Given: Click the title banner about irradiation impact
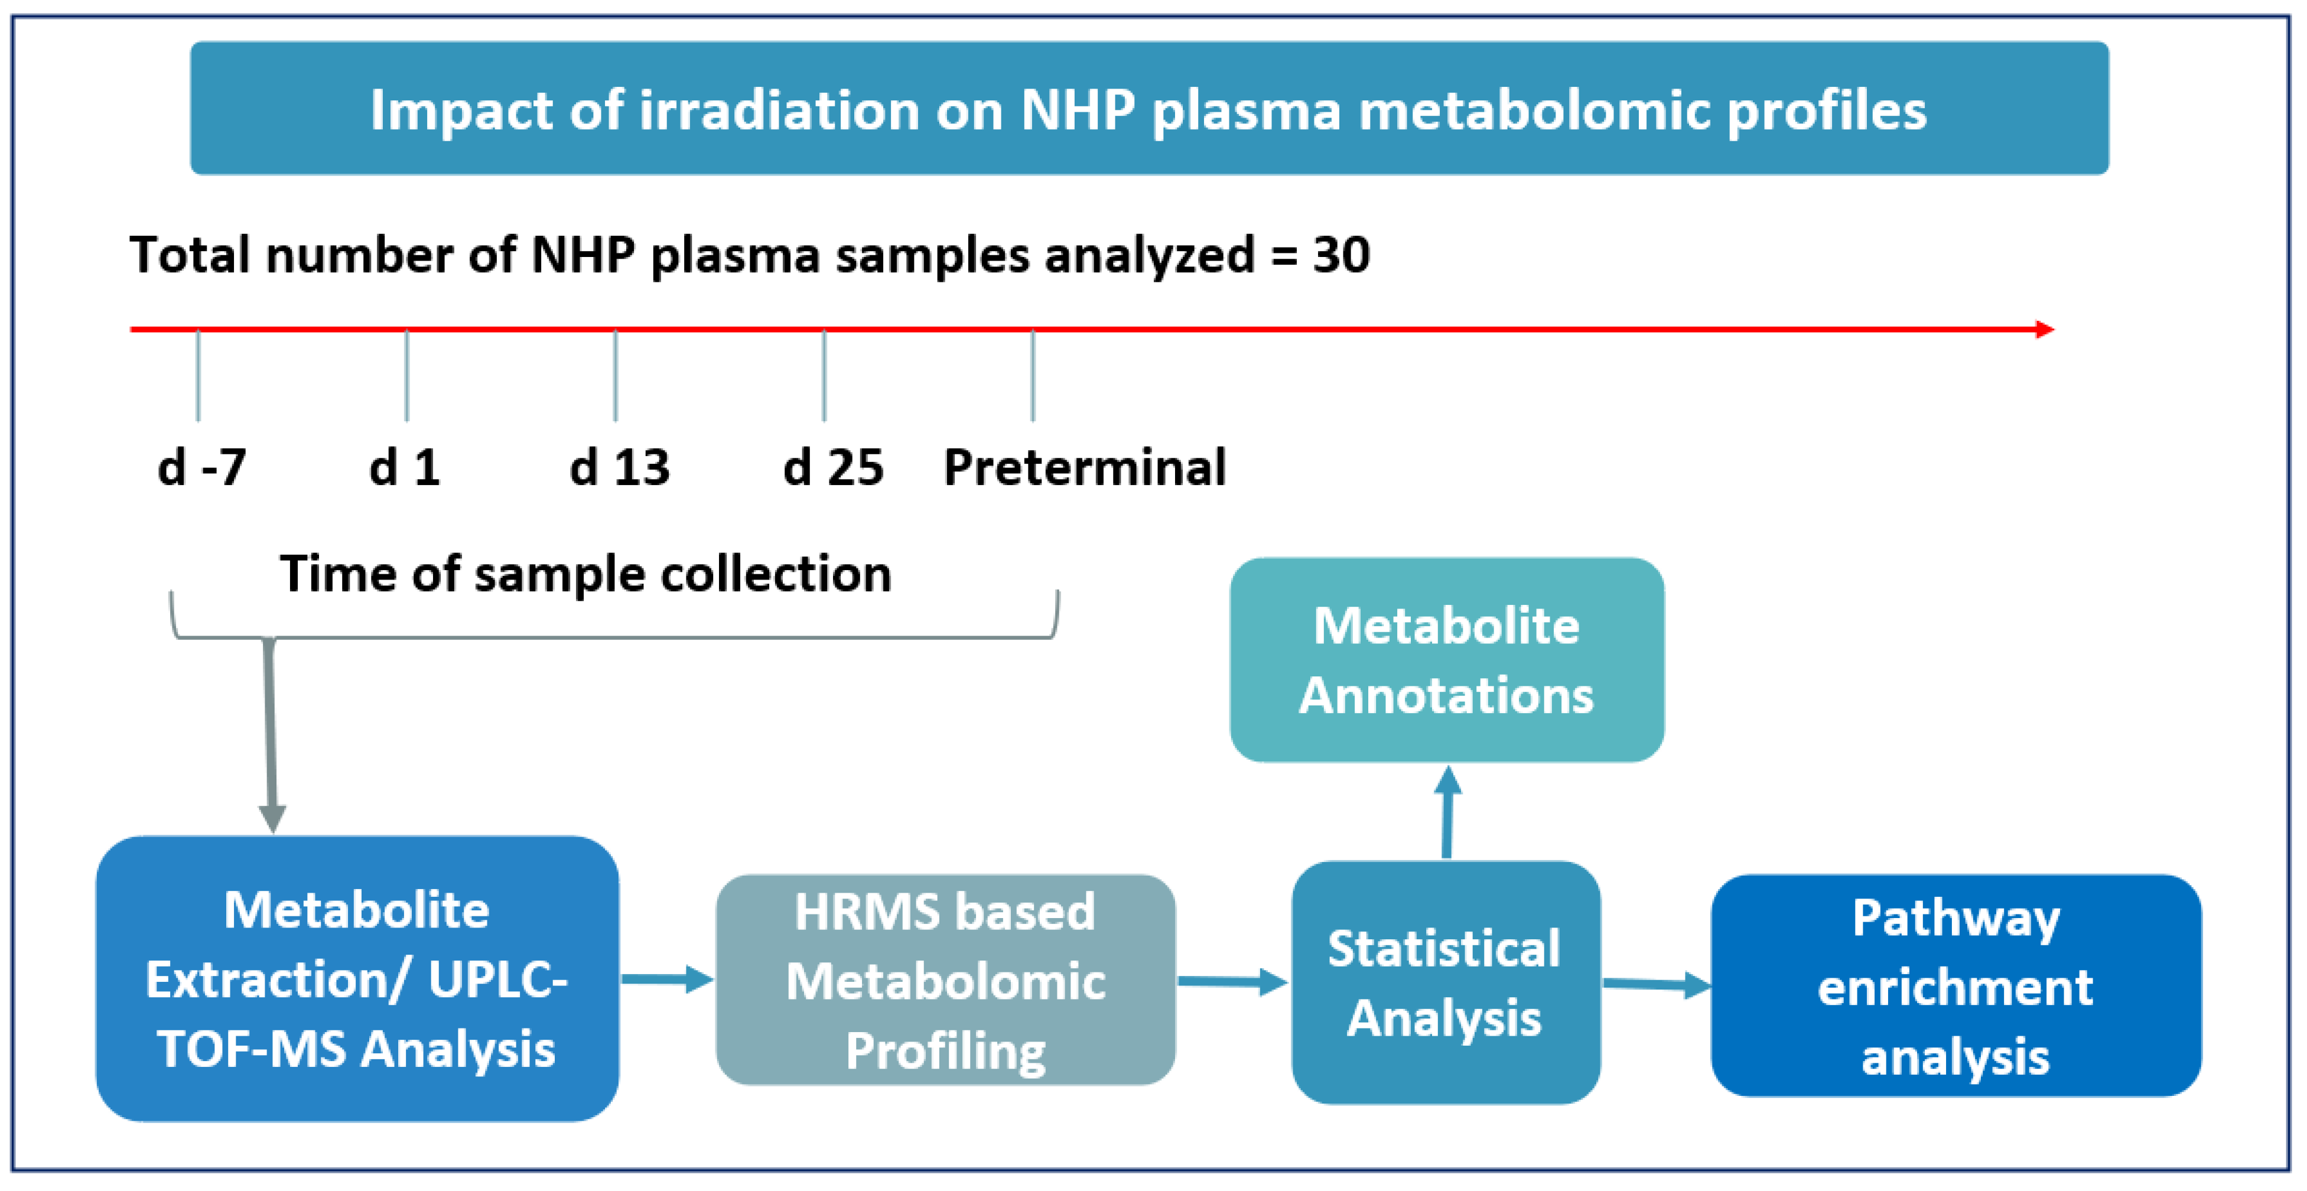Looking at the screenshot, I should (x=1149, y=108).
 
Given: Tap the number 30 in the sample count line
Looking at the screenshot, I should (x=1340, y=255).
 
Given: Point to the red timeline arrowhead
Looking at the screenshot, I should (x=2045, y=330).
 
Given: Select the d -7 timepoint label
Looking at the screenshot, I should (x=201, y=467).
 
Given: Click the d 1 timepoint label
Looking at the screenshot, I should (x=405, y=467).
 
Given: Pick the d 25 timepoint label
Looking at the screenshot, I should (x=833, y=467).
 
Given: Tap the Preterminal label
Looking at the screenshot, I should (x=1085, y=467).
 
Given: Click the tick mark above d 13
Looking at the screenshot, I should (x=615, y=376).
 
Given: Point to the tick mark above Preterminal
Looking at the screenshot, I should (x=1033, y=376).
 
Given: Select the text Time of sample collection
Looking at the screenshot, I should (x=585, y=574).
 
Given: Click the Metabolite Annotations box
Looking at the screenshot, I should (x=1446, y=660).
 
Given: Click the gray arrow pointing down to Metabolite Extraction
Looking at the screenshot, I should (x=271, y=734).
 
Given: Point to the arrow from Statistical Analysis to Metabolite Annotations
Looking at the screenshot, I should (x=1447, y=812).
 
